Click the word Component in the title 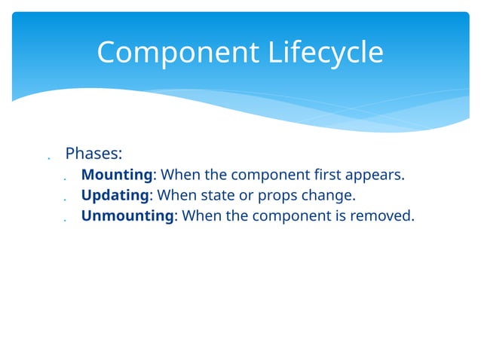(178, 53)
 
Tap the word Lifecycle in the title (325, 53)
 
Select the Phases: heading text (93, 154)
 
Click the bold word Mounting (117, 175)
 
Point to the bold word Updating (115, 196)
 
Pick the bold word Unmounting (127, 216)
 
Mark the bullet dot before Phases (47, 159)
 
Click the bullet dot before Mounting (66, 180)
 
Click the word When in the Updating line (174, 196)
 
